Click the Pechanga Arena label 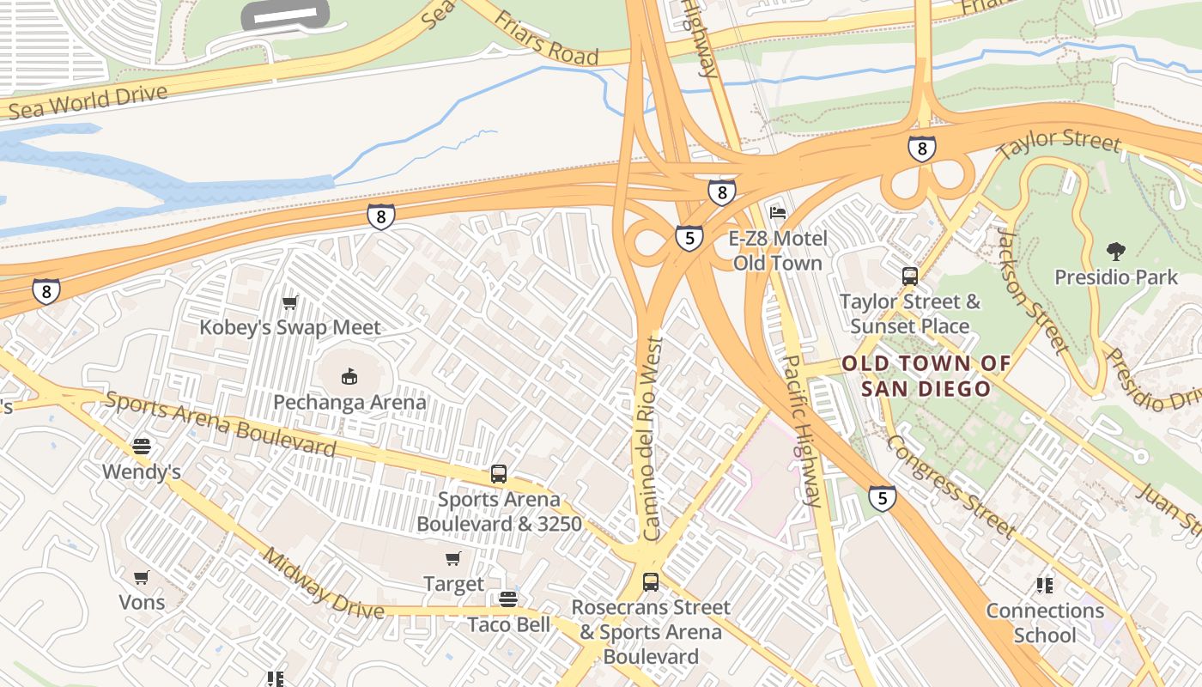click(x=349, y=402)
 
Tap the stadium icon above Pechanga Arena click(x=349, y=376)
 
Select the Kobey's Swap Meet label click(x=289, y=327)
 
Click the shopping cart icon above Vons click(x=142, y=577)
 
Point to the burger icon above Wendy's click(x=142, y=447)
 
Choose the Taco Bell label click(x=509, y=624)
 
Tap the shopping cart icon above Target click(x=453, y=559)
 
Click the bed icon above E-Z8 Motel click(x=778, y=212)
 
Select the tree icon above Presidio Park click(x=1116, y=252)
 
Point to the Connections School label click(x=1045, y=623)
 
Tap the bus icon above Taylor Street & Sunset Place click(x=910, y=277)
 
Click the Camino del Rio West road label click(x=653, y=438)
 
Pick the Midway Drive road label click(x=323, y=584)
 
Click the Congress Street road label click(x=950, y=485)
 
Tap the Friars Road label click(x=546, y=39)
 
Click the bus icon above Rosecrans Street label click(x=651, y=582)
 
